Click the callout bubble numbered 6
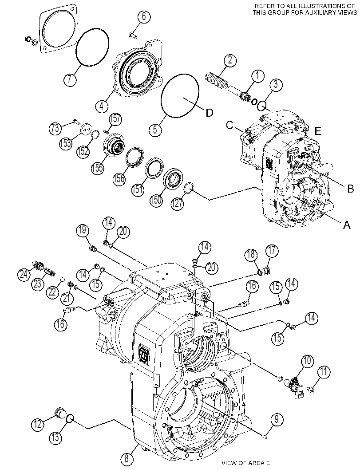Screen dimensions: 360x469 (x=144, y=16)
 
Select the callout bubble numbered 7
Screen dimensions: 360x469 (x=70, y=79)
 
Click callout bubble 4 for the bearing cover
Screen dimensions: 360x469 (x=102, y=105)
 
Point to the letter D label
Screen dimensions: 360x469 (x=209, y=113)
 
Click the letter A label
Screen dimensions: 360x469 (x=347, y=225)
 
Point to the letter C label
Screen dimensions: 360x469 (x=229, y=125)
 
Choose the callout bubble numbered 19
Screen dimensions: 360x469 (x=83, y=231)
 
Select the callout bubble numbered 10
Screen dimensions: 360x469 (x=307, y=362)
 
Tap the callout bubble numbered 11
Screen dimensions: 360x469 (x=324, y=372)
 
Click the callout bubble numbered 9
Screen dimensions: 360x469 (x=276, y=419)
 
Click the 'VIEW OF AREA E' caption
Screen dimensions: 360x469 (x=243, y=463)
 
